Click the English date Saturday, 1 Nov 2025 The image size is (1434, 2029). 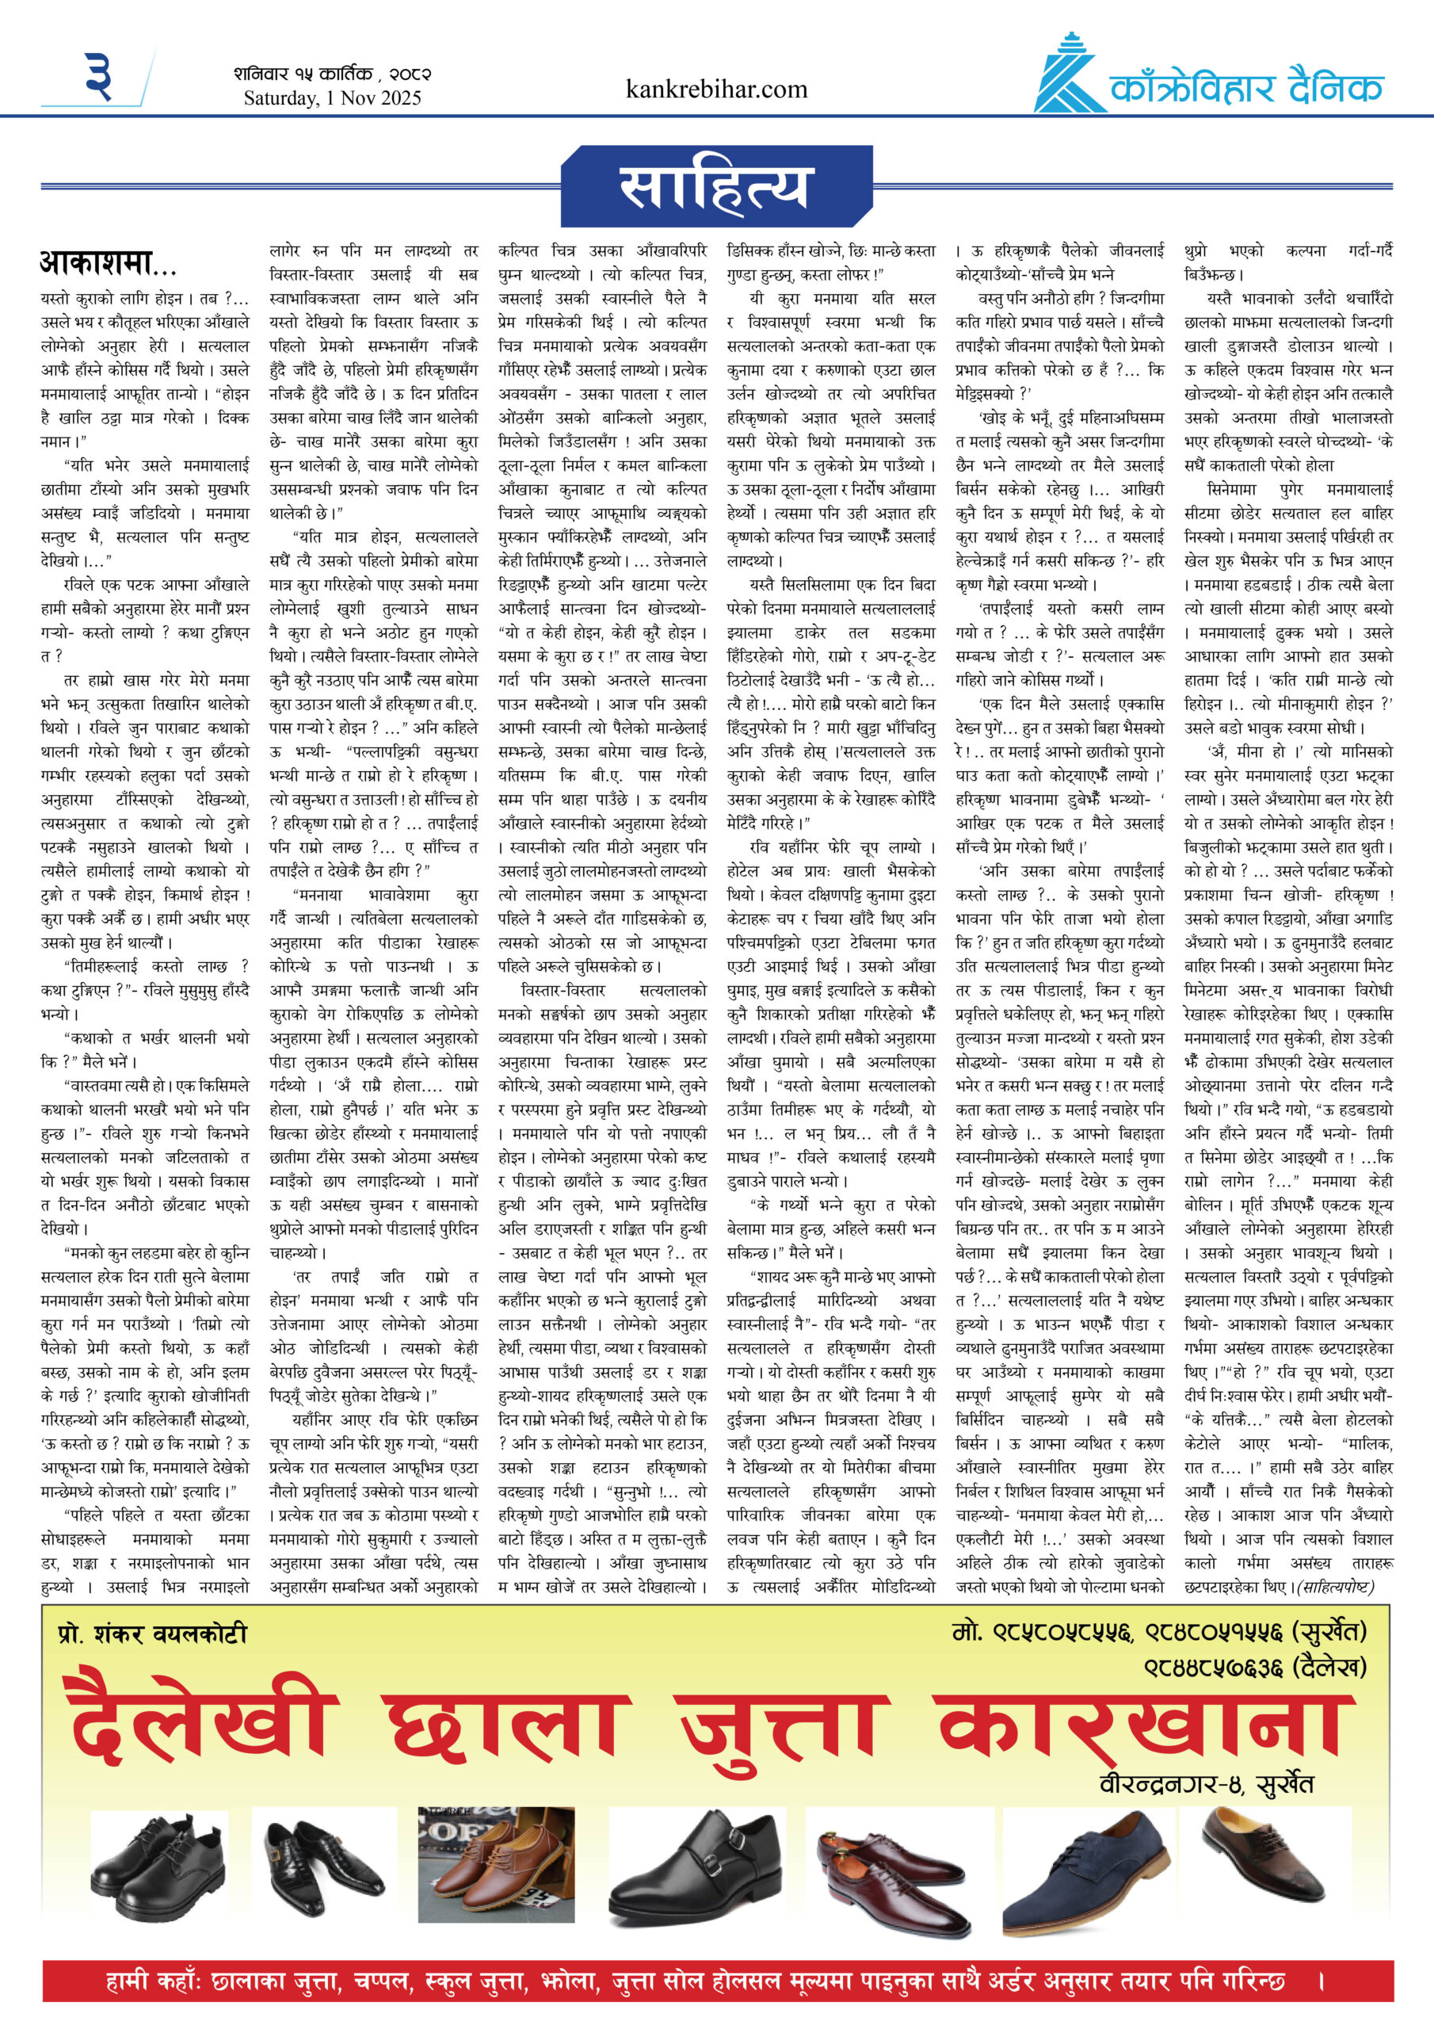tap(332, 98)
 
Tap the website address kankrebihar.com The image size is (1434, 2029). tap(715, 90)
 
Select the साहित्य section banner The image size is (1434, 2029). tap(716, 185)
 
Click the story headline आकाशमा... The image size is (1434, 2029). tap(108, 262)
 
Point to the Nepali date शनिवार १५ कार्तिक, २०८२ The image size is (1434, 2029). tap(332, 74)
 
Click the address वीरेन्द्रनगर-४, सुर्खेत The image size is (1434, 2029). tap(1205, 1783)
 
